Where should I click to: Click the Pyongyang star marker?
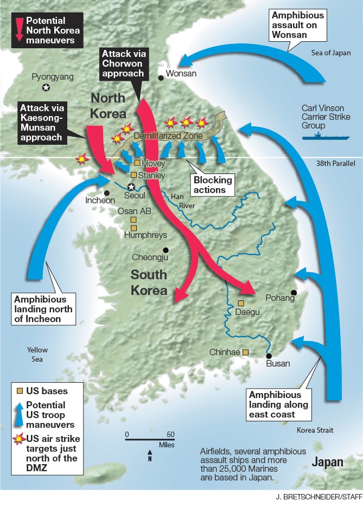(47, 88)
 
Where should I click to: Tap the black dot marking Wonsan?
(161, 78)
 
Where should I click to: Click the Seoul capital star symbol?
(130, 187)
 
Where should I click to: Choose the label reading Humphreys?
(145, 235)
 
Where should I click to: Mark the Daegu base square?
(241, 304)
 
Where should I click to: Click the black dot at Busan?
(269, 356)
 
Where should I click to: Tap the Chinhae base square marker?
(245, 352)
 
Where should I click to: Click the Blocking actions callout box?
(214, 184)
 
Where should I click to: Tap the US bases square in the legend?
(19, 390)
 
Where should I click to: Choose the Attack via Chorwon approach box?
(122, 64)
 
